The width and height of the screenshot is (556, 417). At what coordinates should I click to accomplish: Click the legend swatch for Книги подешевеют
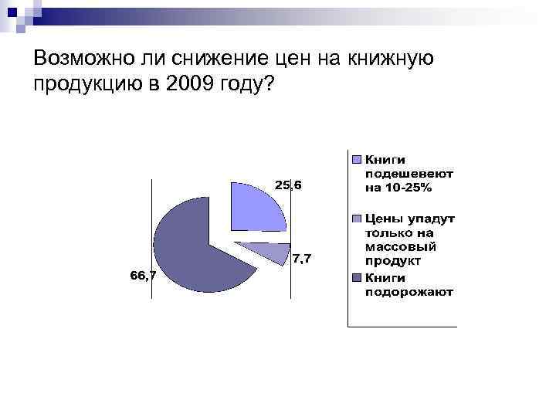(356, 160)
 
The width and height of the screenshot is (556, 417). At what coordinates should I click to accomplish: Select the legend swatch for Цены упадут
(356, 219)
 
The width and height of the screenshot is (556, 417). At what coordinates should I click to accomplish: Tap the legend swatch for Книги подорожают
(356, 278)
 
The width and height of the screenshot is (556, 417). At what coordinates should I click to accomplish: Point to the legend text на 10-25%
(398, 188)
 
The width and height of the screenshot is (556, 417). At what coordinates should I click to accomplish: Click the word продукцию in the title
(86, 83)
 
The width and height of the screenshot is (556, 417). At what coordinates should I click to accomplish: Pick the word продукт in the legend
(392, 262)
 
